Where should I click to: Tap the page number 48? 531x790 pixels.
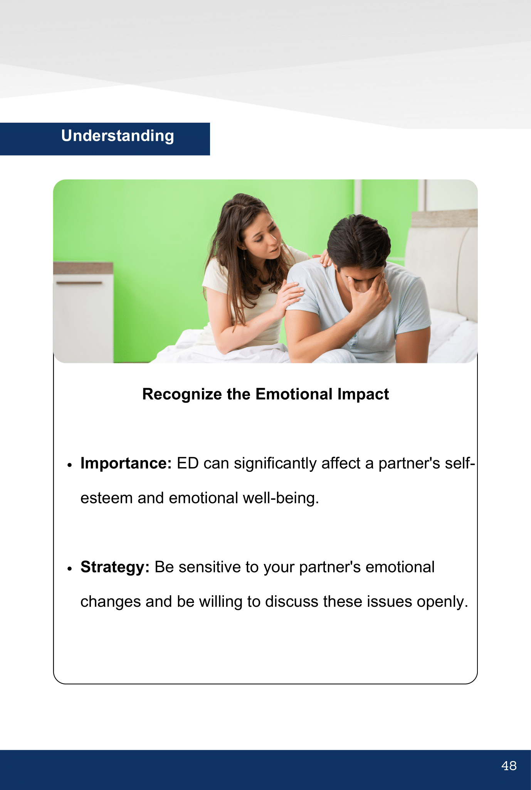click(509, 766)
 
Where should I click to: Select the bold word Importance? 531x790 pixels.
click(126, 463)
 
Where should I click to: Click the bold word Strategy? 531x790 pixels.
click(115, 567)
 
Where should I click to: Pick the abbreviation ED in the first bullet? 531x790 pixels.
click(188, 463)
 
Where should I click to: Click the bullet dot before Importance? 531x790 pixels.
click(70, 465)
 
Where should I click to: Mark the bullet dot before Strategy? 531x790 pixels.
click(70, 569)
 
